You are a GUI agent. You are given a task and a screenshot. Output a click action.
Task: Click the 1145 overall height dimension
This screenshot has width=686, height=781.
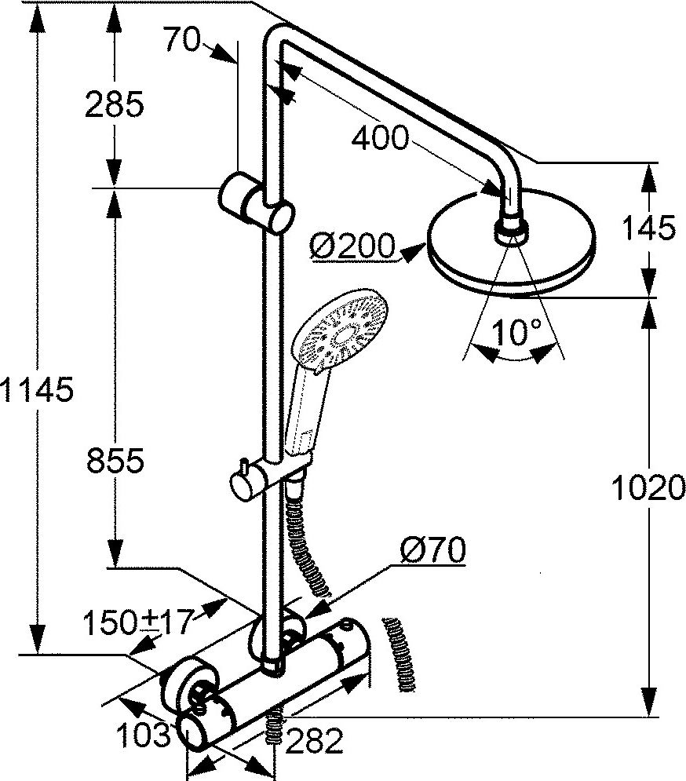[x=37, y=389]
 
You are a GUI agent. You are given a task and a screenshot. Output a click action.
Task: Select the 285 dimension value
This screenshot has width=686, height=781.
[x=114, y=104]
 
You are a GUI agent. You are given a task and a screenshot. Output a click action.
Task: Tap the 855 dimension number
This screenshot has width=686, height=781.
[x=114, y=462]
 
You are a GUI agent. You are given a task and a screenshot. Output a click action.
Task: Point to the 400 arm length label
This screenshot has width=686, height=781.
[x=380, y=139]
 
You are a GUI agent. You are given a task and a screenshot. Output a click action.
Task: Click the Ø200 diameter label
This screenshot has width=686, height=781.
[x=352, y=246]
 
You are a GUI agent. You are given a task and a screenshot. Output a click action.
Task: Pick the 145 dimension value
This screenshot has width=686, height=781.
[x=648, y=228]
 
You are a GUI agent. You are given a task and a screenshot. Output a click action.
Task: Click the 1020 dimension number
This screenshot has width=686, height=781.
[x=648, y=490]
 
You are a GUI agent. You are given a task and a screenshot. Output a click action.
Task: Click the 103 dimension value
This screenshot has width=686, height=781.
[x=142, y=735]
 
